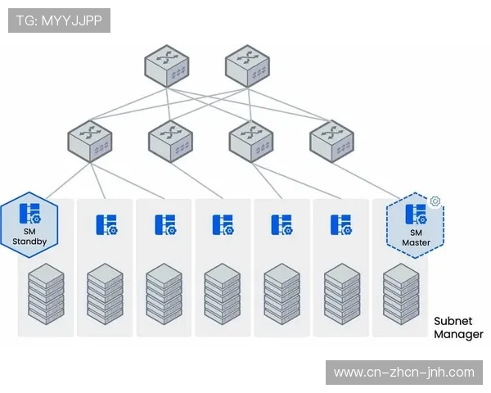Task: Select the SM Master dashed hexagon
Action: (x=416, y=225)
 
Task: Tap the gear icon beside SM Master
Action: (x=435, y=201)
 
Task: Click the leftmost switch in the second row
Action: (x=89, y=140)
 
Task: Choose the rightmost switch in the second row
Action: (x=331, y=140)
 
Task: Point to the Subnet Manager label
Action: (x=458, y=327)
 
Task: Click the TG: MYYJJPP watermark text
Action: (x=59, y=20)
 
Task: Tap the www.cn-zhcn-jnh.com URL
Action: (x=404, y=373)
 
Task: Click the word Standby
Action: (x=29, y=242)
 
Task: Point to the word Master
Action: (x=416, y=243)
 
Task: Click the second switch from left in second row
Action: (x=169, y=140)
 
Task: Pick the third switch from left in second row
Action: (x=250, y=140)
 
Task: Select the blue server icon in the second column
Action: (x=106, y=224)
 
